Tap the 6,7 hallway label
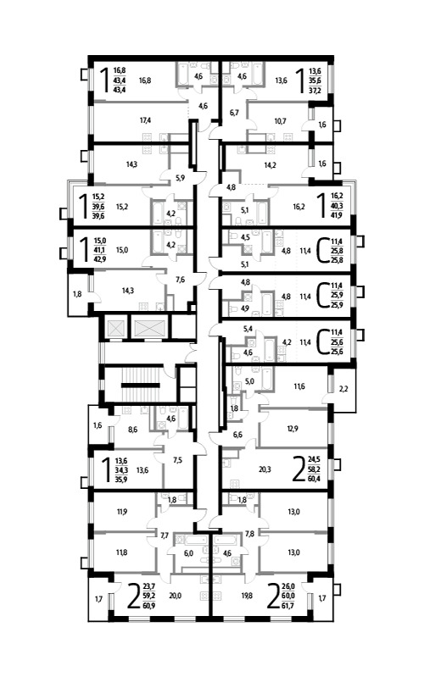click(x=234, y=113)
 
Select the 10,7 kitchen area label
click(x=281, y=121)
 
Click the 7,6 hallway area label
click(x=181, y=280)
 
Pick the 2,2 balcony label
click(x=343, y=389)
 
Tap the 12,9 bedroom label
click(x=293, y=428)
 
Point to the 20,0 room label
click(x=175, y=596)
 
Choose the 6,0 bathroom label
click(x=188, y=553)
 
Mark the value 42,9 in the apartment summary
click(x=98, y=259)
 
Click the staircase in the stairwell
click(x=140, y=385)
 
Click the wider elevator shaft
click(x=150, y=328)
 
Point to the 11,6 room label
click(x=299, y=386)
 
